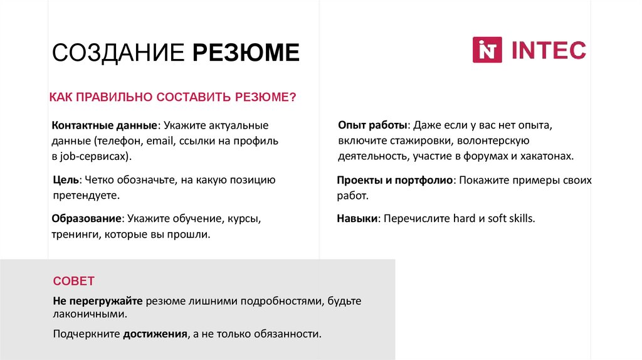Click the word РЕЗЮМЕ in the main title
(x=246, y=53)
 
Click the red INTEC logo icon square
(x=487, y=50)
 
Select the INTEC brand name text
(x=549, y=50)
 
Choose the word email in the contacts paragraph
(x=160, y=140)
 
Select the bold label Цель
(x=66, y=181)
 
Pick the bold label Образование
(x=87, y=220)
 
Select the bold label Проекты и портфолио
(x=394, y=181)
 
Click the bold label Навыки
(x=357, y=220)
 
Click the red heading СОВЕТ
(x=73, y=280)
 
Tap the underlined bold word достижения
(x=156, y=334)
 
